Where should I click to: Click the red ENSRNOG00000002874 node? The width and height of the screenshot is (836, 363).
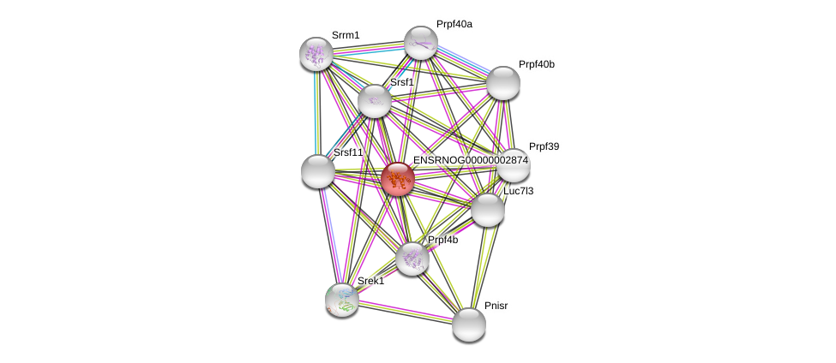398,179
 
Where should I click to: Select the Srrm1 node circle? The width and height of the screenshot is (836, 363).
316,54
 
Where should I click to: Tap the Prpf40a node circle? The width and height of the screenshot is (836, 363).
420,43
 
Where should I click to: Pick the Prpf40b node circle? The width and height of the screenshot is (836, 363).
503,82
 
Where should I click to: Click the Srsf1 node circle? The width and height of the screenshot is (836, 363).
375,101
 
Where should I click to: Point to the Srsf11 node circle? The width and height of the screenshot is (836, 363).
318,170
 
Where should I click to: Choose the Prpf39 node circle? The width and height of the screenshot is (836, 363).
513,165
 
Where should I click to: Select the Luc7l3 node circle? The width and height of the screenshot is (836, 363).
487,210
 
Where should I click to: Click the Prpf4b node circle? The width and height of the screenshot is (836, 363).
412,259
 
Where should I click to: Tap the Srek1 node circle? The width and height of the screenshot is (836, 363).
342,300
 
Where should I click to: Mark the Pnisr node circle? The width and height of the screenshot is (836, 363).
468,324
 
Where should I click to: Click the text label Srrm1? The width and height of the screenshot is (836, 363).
346,35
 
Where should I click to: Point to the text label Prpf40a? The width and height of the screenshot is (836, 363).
454,24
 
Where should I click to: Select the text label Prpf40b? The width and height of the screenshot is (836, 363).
536,64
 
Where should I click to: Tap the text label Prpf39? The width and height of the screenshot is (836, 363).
544,146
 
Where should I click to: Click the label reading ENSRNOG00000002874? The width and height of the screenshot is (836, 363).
470,160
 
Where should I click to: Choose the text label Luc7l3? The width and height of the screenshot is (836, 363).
518,191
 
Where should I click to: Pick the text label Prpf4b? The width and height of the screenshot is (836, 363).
442,240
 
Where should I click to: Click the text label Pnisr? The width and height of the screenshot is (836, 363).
496,305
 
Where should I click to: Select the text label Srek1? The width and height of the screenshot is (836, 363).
370,281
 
